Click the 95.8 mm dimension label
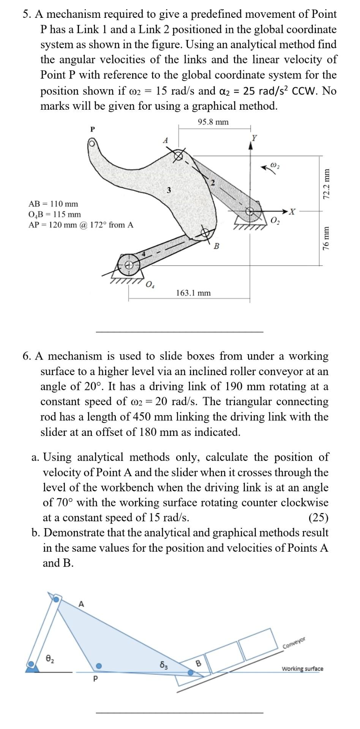213,122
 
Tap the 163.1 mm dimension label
193,293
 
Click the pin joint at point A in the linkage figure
178,155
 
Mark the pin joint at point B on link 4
205,232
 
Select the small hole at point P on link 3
92,143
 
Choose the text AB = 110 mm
53,204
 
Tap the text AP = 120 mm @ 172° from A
81,225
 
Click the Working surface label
302,669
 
